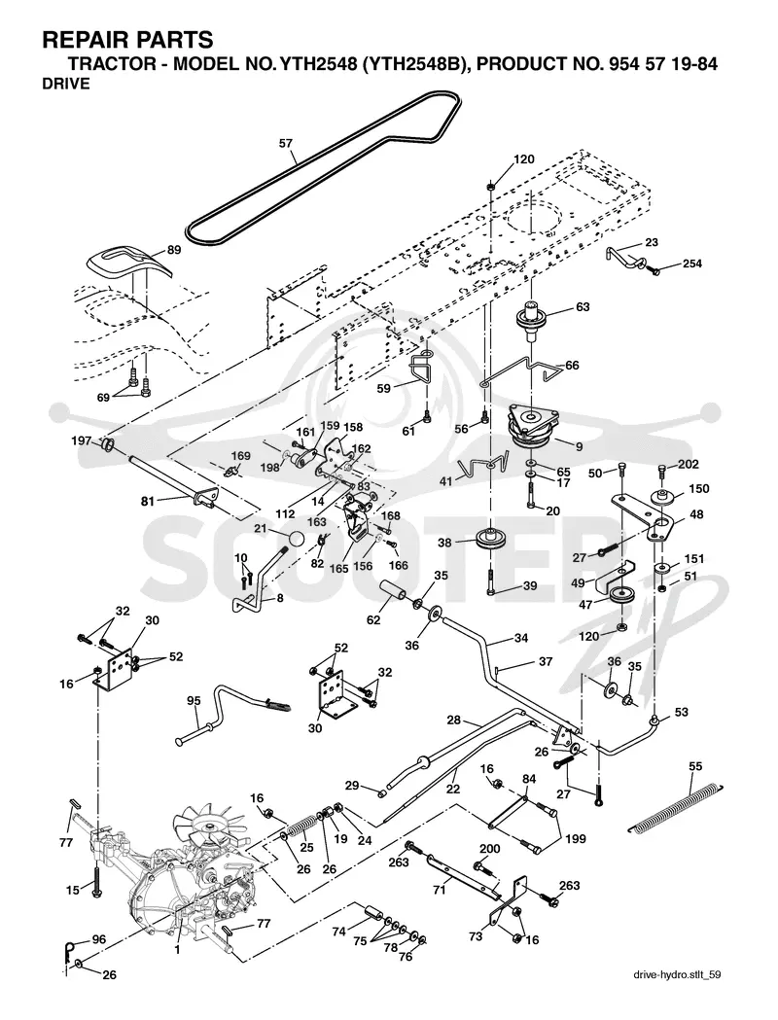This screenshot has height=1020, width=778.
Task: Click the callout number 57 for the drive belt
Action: click(x=286, y=143)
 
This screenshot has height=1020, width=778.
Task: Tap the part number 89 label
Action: click(x=174, y=249)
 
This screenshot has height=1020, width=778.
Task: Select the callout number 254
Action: click(x=692, y=264)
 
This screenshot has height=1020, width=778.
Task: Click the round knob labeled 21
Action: click(x=297, y=540)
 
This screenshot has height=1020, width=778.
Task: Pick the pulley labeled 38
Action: click(x=489, y=540)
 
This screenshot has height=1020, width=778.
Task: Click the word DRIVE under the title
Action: click(x=66, y=84)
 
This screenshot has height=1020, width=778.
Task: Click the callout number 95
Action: click(x=194, y=700)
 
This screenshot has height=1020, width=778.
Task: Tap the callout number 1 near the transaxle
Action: click(x=176, y=948)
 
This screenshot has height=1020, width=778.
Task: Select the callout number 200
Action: click(x=489, y=849)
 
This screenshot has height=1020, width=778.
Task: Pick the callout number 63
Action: click(x=583, y=306)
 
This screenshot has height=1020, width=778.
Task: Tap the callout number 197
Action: click(x=82, y=441)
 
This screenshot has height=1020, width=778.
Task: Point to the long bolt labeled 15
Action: click(x=96, y=878)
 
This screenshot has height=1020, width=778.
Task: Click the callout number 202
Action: click(x=689, y=464)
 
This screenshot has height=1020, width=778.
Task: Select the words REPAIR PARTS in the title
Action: click(x=127, y=40)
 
